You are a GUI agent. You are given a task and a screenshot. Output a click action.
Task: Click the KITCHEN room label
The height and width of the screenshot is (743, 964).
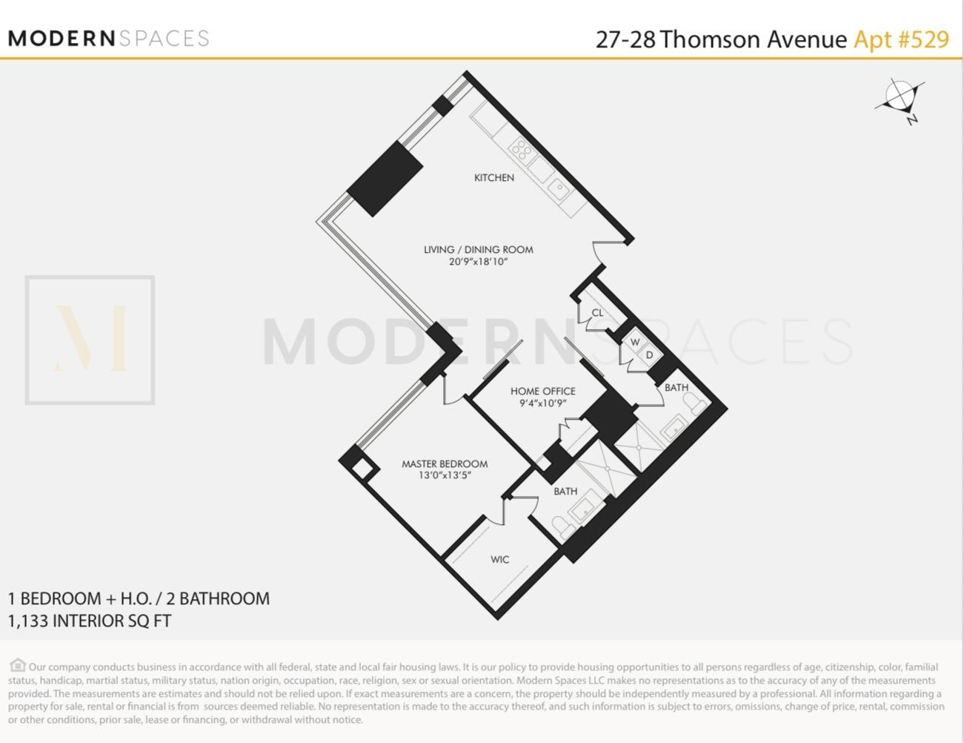[493, 178]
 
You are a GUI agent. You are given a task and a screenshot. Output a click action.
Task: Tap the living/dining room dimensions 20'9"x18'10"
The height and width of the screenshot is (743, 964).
[478, 262]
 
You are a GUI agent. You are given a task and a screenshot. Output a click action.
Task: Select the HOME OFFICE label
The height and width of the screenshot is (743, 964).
[542, 392]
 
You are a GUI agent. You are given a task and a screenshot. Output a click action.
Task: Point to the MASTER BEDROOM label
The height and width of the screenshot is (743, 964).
[445, 464]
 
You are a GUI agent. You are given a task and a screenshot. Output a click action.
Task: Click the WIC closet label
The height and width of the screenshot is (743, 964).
[499, 560]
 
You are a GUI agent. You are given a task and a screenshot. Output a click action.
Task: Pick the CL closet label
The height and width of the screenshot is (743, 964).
[597, 313]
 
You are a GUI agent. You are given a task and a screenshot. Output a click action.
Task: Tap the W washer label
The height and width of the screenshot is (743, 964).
[635, 343]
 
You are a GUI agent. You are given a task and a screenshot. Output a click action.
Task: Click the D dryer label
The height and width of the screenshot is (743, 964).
[650, 355]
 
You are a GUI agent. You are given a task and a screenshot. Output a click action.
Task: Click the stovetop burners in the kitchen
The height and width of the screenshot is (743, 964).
[522, 150]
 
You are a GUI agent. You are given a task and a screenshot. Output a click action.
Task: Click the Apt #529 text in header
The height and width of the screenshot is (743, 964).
[901, 39]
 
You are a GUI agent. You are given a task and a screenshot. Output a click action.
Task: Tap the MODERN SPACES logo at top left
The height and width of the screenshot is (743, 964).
[108, 39]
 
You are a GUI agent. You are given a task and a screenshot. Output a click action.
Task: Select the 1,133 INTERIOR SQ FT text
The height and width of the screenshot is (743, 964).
[90, 621]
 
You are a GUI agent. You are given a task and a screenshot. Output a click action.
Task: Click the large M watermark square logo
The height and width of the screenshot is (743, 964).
[90, 340]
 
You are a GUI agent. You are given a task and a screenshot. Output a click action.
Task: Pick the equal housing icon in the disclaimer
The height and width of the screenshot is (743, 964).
[18, 666]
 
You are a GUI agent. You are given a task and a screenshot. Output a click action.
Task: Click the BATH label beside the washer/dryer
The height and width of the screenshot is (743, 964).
[676, 388]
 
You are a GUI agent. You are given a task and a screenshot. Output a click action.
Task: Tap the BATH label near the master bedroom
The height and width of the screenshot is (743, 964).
[565, 492]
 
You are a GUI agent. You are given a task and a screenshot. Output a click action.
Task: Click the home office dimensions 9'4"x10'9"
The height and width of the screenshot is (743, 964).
[542, 404]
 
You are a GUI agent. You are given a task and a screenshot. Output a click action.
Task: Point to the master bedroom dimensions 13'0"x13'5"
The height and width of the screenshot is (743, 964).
[445, 476]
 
